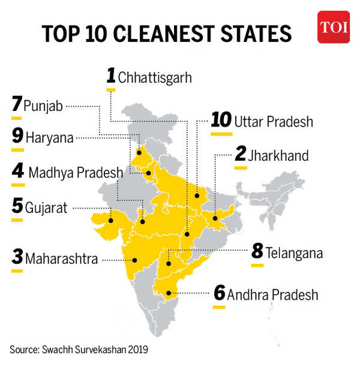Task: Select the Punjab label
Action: [x=43, y=106]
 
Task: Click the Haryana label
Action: [x=50, y=137]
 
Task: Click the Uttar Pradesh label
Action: [x=274, y=122]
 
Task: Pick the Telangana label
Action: [x=295, y=253]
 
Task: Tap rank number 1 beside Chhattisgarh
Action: [x=111, y=76]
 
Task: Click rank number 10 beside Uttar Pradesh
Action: [x=221, y=120]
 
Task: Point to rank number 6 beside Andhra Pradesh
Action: [x=220, y=294]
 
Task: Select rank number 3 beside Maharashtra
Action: [x=17, y=259]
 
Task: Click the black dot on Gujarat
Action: [x=110, y=219]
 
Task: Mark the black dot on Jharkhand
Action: [x=215, y=218]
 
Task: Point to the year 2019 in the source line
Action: [x=136, y=349]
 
